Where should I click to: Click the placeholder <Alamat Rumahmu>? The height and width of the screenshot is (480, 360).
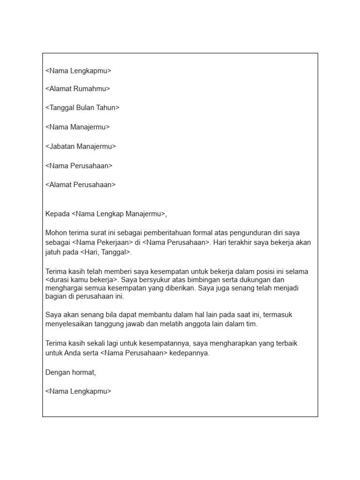(x=78, y=89)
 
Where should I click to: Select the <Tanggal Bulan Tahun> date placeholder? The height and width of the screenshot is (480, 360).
(x=82, y=108)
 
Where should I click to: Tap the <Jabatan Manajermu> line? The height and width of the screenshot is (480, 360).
(x=81, y=146)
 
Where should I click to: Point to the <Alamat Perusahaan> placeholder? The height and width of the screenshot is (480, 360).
(x=81, y=185)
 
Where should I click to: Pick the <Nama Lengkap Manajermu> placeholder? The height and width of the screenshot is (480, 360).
(x=119, y=214)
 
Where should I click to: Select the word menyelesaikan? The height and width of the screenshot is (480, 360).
(x=70, y=324)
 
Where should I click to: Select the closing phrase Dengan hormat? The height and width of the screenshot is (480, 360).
(x=71, y=373)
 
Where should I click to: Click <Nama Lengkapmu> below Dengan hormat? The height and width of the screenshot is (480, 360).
(x=79, y=391)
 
